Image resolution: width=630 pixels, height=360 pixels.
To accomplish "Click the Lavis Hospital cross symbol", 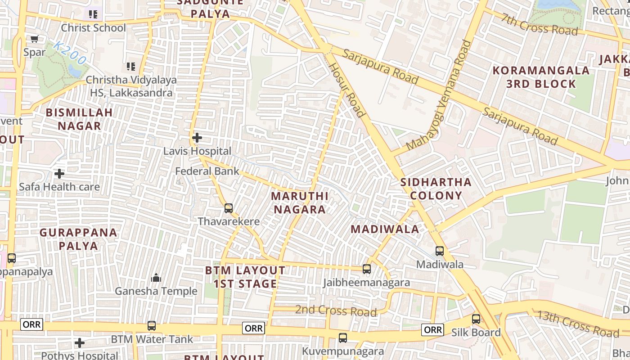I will point(197,138).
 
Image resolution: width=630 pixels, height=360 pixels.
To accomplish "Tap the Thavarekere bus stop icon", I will point(229,208).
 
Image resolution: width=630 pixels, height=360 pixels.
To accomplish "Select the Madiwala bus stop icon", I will point(440,251).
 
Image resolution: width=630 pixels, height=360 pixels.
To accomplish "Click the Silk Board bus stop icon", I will point(476,319).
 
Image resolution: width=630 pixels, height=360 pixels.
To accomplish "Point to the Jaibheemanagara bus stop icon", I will point(367,269).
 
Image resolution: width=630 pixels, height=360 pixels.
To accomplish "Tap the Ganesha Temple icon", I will point(156,278).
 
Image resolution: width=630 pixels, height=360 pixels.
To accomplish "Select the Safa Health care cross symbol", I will point(59,173).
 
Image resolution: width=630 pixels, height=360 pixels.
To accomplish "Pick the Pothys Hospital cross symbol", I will point(80,343).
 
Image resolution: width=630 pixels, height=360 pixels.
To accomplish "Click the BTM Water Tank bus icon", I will point(152,325).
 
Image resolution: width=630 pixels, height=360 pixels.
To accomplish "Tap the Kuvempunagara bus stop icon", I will point(343,337).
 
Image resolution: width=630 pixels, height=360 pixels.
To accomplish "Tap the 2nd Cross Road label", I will point(336,310).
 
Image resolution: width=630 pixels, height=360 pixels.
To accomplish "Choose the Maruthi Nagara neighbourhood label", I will point(300,202).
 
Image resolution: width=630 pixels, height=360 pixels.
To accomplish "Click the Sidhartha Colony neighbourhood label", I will point(436,189).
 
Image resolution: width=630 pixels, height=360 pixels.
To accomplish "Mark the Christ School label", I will point(94,28).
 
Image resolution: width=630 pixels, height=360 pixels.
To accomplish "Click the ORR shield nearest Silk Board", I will point(433,330).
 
